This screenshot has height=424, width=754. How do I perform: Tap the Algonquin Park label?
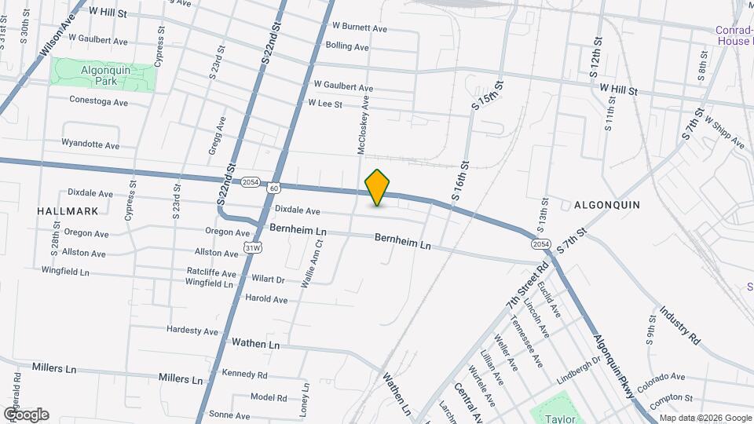101,75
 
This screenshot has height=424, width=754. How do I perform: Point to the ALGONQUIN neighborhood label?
607,205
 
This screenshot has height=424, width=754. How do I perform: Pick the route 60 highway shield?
273,188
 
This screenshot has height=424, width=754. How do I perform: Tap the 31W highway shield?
252,248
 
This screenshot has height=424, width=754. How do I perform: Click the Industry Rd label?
680,326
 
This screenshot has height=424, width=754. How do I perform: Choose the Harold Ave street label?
266,299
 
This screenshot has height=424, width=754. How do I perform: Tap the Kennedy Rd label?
244,374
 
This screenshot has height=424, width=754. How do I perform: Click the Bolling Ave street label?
346,47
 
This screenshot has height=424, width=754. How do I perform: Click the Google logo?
26,414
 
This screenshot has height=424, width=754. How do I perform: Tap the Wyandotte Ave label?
90,145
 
